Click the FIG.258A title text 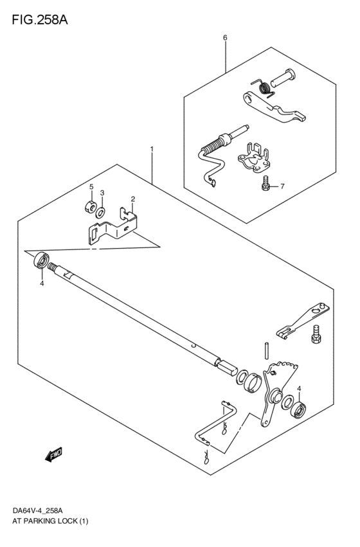40,20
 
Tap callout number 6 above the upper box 225,37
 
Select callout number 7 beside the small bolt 282,186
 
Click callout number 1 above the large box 152,149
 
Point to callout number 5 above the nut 91,186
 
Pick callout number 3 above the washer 102,193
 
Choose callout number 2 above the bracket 133,199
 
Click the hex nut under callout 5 90,207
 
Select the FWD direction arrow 54,454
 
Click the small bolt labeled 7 265,183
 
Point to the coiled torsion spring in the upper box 263,87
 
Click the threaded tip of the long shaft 53,267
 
